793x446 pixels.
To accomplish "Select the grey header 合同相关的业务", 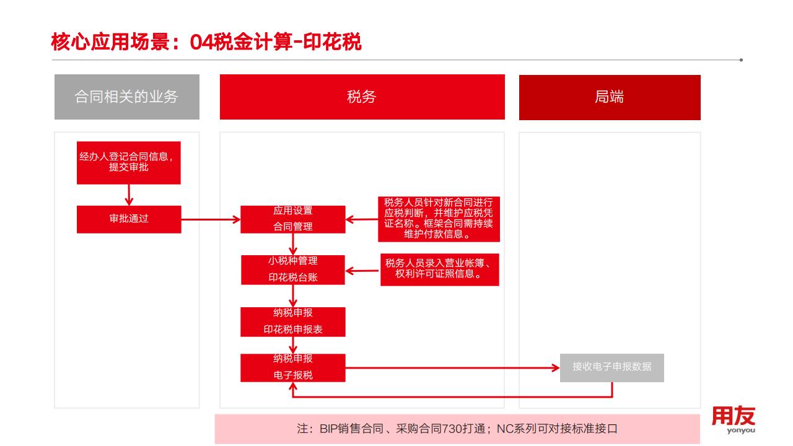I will tap(127, 97).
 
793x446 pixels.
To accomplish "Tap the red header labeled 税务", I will tap(362, 97).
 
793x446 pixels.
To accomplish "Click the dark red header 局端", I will tap(609, 97).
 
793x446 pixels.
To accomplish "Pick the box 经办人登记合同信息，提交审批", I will tap(129, 162).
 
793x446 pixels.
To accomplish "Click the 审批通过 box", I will tap(129, 219).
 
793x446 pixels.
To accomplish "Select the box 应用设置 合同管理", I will tap(293, 219).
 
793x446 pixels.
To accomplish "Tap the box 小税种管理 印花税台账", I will tap(293, 269).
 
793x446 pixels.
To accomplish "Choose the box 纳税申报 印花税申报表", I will tap(293, 321).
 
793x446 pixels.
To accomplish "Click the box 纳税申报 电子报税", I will tap(293, 367).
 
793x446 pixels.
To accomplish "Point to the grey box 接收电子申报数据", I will tap(611, 367).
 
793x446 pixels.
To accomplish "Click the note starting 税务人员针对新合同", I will tap(439, 219).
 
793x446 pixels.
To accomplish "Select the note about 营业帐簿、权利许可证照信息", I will tap(439, 268).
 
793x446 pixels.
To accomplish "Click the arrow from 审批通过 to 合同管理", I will tap(211, 219).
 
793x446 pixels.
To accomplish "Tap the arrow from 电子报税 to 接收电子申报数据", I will tap(452, 368).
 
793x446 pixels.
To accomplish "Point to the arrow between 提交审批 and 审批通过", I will tap(129, 195).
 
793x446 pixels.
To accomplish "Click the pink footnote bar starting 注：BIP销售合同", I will tap(457, 429).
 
